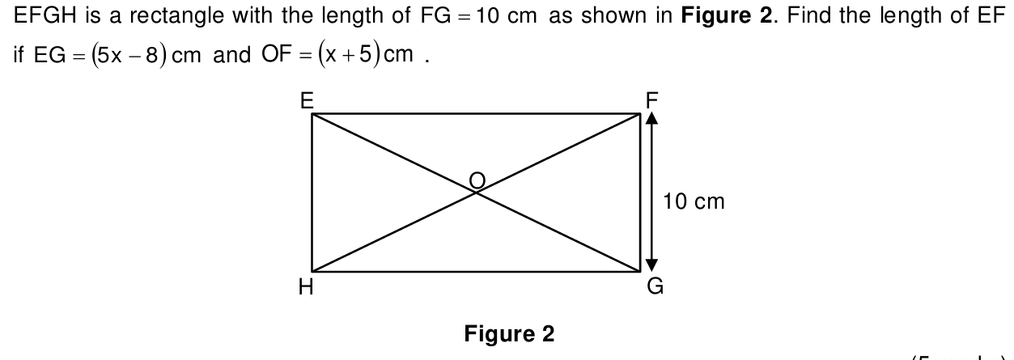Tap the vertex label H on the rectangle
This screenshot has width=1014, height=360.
[x=305, y=287]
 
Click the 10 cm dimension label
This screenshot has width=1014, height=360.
[x=694, y=201]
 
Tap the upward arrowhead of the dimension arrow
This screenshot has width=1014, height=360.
[x=651, y=120]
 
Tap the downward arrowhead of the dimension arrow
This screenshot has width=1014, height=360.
[x=651, y=266]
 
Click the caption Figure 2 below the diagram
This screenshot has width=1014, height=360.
[x=509, y=334]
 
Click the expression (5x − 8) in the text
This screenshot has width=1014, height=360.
[x=118, y=55]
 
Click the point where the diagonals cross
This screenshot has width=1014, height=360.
[x=477, y=192]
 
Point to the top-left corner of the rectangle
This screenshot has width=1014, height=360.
[x=312, y=114]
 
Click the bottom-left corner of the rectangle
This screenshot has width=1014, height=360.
[x=312, y=272]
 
